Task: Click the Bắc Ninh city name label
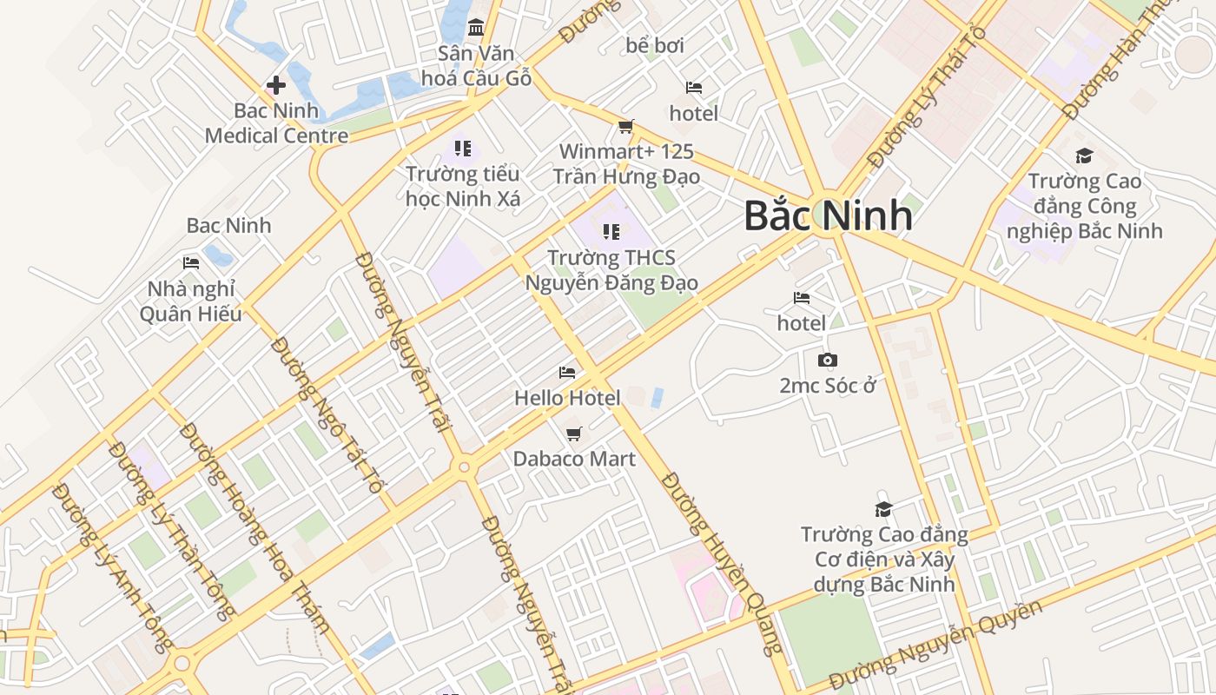coord(828,215)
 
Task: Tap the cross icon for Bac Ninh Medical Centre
coord(276,85)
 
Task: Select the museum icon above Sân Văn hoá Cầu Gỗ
coord(476,28)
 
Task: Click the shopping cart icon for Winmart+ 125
coord(626,127)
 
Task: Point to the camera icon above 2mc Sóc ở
coord(828,360)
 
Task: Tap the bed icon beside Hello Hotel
coord(567,373)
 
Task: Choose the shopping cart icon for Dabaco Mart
coord(573,434)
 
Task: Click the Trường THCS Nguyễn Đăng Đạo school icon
coord(611,232)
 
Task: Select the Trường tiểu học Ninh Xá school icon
coord(463,149)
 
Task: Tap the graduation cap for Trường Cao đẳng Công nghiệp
coord(1084,156)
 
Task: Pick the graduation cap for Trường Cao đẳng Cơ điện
coord(884,509)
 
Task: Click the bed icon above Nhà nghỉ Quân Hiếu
coord(191,262)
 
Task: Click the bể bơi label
coord(655,45)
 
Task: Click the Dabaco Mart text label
coord(574,459)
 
